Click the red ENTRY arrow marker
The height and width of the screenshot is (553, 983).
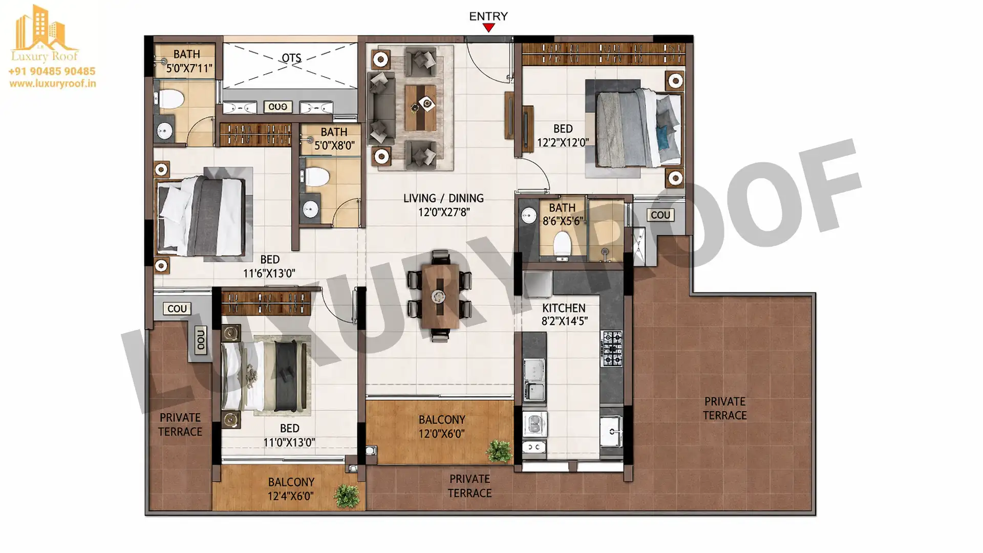point(489,28)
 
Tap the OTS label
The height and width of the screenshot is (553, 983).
point(291,58)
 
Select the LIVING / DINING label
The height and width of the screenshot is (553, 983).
point(443,198)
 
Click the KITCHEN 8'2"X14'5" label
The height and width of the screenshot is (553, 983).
point(564,314)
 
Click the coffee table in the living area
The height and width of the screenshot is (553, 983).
point(420,108)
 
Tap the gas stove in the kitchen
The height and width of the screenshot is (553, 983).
point(611,349)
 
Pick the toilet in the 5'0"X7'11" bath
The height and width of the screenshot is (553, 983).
point(171,99)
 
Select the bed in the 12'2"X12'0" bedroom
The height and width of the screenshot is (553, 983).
point(639,128)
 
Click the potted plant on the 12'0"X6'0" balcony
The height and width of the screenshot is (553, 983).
point(499,451)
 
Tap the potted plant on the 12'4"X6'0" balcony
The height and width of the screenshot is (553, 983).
point(347,496)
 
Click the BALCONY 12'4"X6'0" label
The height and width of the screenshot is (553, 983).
point(291,489)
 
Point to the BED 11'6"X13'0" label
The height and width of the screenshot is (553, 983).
point(269,266)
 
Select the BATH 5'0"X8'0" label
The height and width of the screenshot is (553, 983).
point(334,139)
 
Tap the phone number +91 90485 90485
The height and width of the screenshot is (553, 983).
point(52,71)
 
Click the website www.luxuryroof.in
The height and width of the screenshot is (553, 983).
point(52,83)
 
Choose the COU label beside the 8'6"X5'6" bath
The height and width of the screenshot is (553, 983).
point(660,215)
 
